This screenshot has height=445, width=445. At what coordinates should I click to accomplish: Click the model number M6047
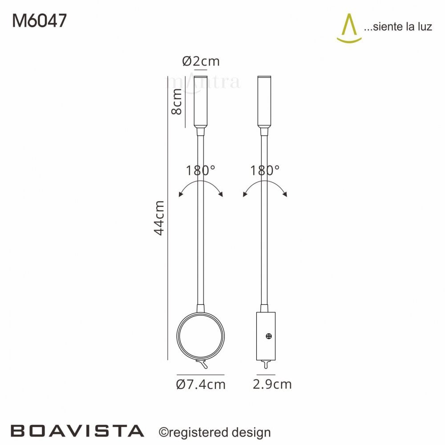(40, 20)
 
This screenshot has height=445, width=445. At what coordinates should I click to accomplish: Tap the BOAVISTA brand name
(77, 431)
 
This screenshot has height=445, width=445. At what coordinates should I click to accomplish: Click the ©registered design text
(214, 432)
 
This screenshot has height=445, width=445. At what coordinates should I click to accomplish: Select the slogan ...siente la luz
(398, 27)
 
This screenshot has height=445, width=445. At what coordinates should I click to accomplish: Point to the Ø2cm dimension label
(201, 61)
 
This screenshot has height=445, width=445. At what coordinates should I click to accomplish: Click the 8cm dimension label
(177, 101)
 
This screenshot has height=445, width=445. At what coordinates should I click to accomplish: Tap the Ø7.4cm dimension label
(201, 384)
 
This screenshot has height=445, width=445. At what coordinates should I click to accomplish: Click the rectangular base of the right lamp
(266, 336)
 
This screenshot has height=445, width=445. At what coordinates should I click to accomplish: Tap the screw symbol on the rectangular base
(269, 336)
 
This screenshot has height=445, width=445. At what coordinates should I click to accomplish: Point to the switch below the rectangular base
(265, 364)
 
